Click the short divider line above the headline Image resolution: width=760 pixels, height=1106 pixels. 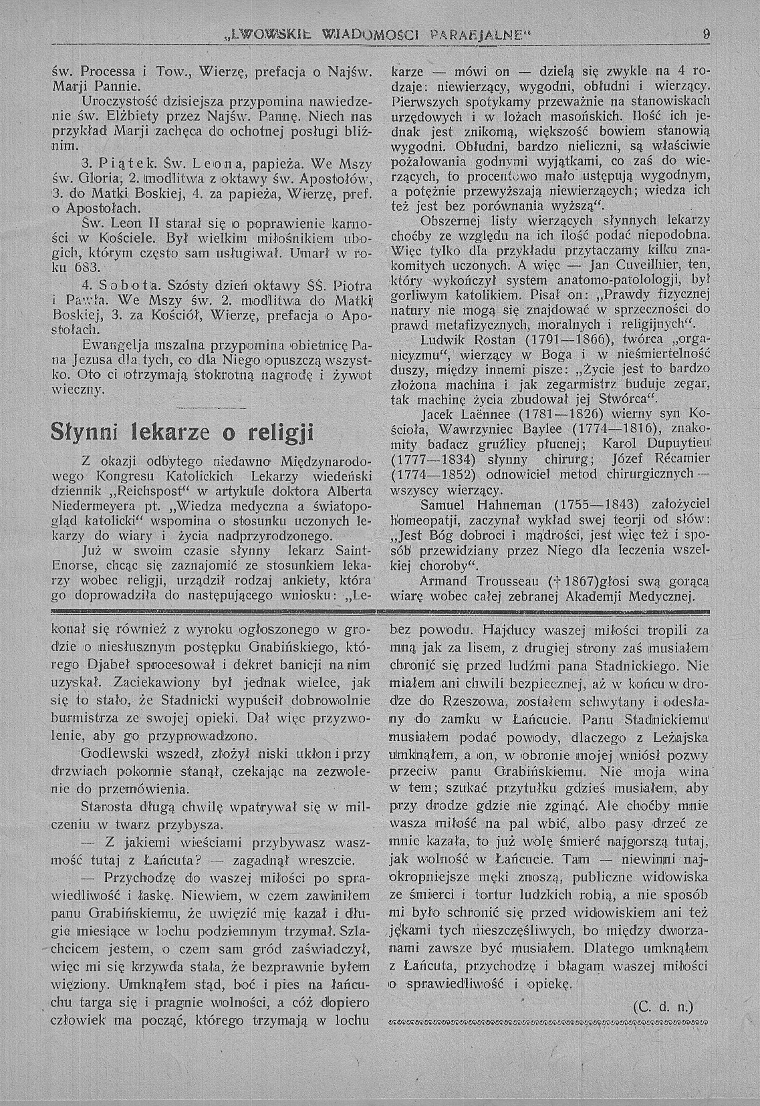pyautogui.click(x=211, y=408)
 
